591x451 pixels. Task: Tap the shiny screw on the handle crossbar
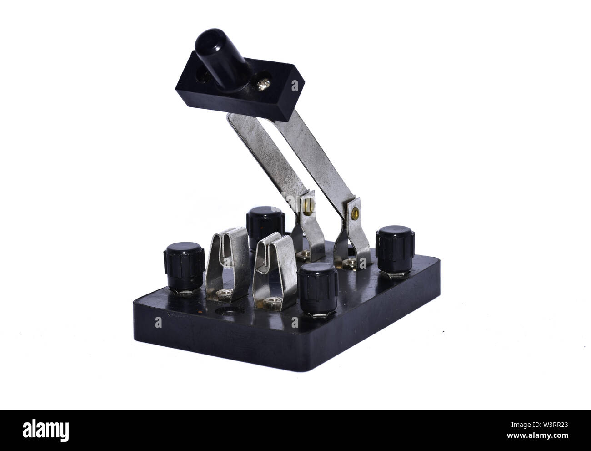pos(261,86)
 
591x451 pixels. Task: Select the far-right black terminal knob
pos(395,250)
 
